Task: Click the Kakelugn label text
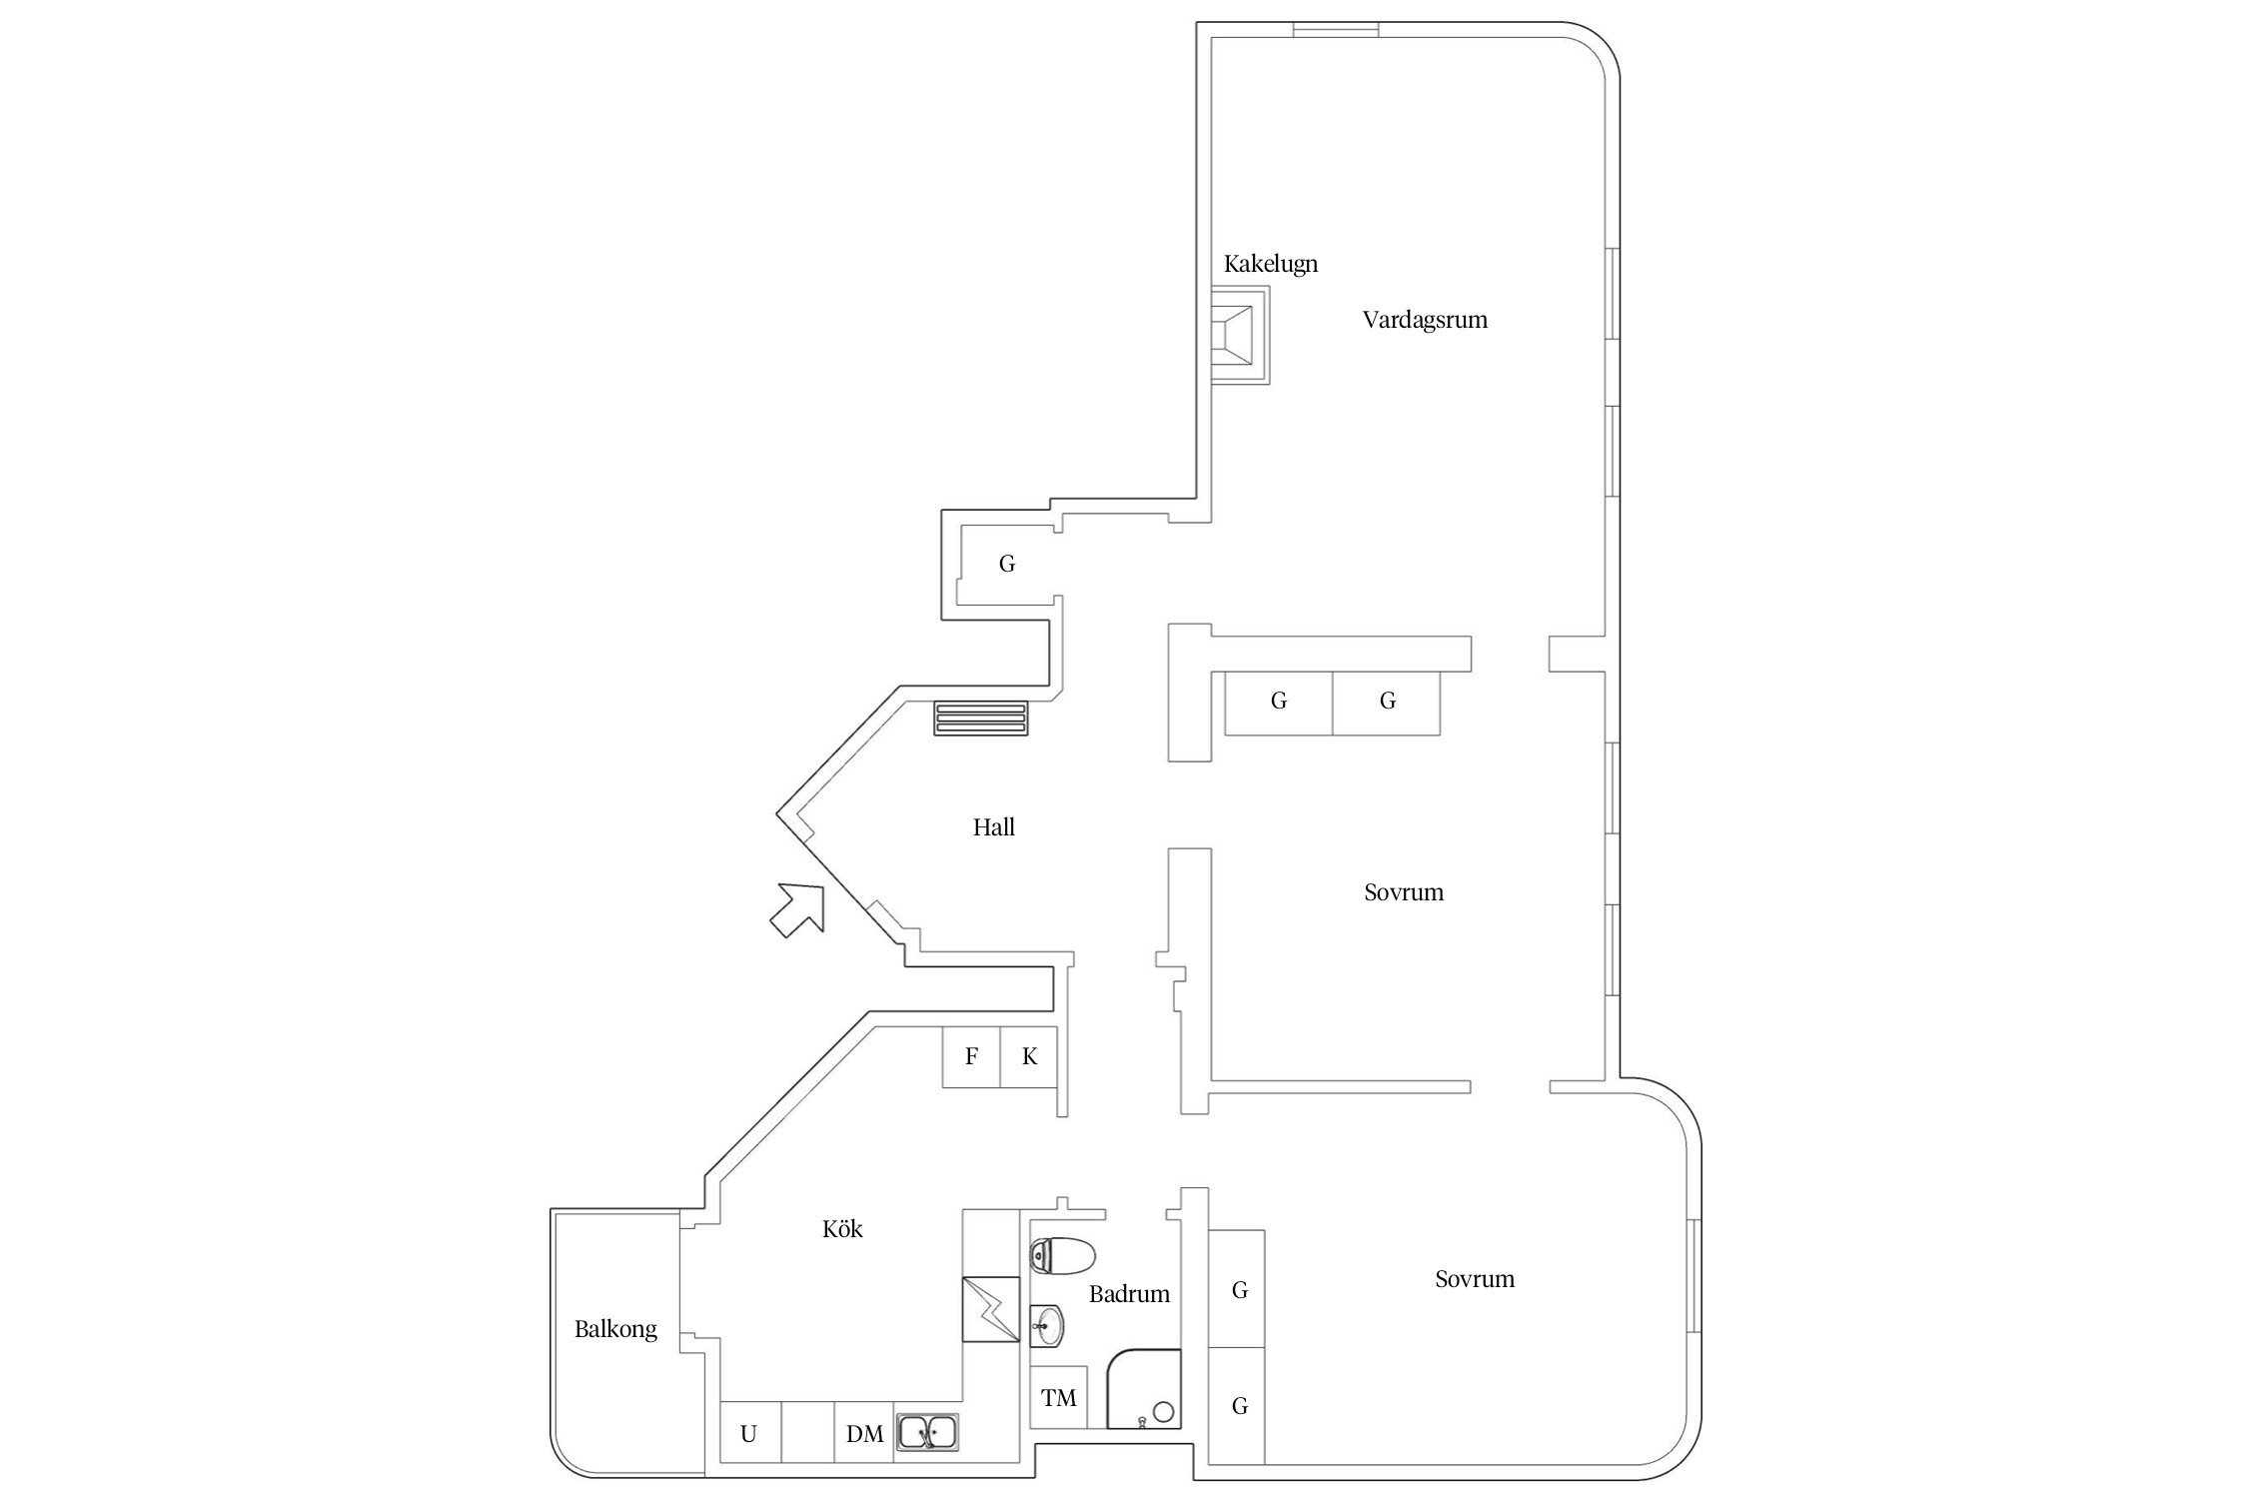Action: click(1270, 264)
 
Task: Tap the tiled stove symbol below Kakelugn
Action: click(1240, 336)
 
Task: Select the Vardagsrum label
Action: click(1424, 320)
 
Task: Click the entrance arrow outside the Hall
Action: click(798, 909)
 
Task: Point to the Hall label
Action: click(993, 827)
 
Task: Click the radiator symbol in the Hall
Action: click(980, 719)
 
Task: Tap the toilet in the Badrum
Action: click(1062, 1255)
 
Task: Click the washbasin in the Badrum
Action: click(1046, 1326)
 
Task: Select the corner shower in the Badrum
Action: click(1144, 1390)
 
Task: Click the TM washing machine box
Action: click(1058, 1398)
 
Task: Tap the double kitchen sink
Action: click(928, 1433)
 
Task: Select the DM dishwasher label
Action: click(864, 1434)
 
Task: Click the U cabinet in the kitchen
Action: click(748, 1434)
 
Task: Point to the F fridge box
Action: click(971, 1056)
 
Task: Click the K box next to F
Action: click(1029, 1056)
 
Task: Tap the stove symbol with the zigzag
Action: click(990, 1309)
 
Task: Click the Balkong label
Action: click(615, 1329)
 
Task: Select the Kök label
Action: click(842, 1229)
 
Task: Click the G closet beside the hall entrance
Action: click(1007, 564)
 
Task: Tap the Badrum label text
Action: click(1129, 1294)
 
